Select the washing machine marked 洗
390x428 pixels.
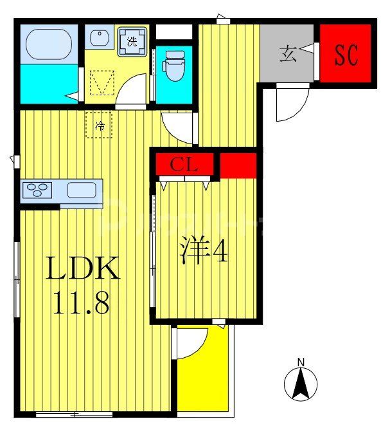[132, 41]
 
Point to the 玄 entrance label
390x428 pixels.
[288, 55]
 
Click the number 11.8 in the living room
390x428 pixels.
[82, 302]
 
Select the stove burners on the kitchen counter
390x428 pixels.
[38, 191]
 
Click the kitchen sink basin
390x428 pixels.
[82, 191]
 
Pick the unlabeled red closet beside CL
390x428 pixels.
[238, 165]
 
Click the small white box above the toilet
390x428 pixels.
[173, 32]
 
